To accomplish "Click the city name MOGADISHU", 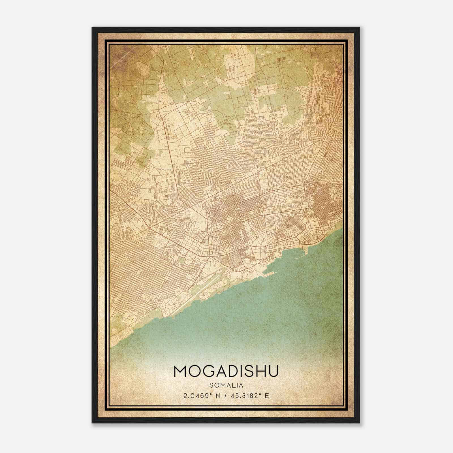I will click(226, 371).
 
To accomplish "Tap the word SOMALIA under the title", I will click(226, 385).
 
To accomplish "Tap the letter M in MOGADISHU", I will click(180, 371).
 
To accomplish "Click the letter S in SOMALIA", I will click(212, 385).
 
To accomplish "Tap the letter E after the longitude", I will click(267, 396).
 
